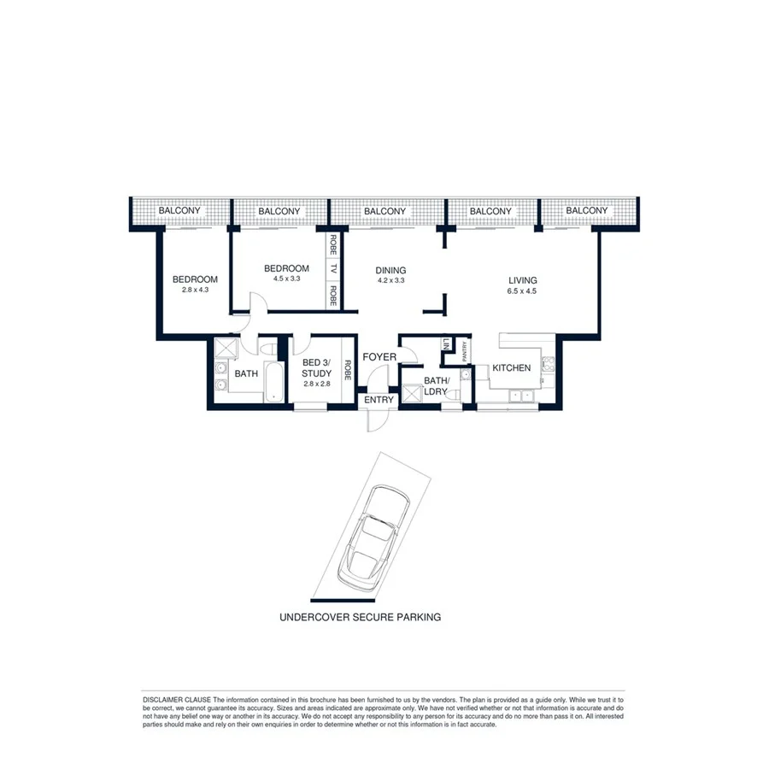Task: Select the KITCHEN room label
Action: click(x=511, y=368)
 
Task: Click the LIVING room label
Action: click(x=522, y=280)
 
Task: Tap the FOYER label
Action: click(x=379, y=356)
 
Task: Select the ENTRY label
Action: click(x=379, y=400)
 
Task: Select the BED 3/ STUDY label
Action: click(x=315, y=368)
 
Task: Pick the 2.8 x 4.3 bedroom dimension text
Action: click(x=195, y=291)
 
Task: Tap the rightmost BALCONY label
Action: click(x=587, y=211)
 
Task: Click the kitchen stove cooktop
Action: click(x=548, y=368)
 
